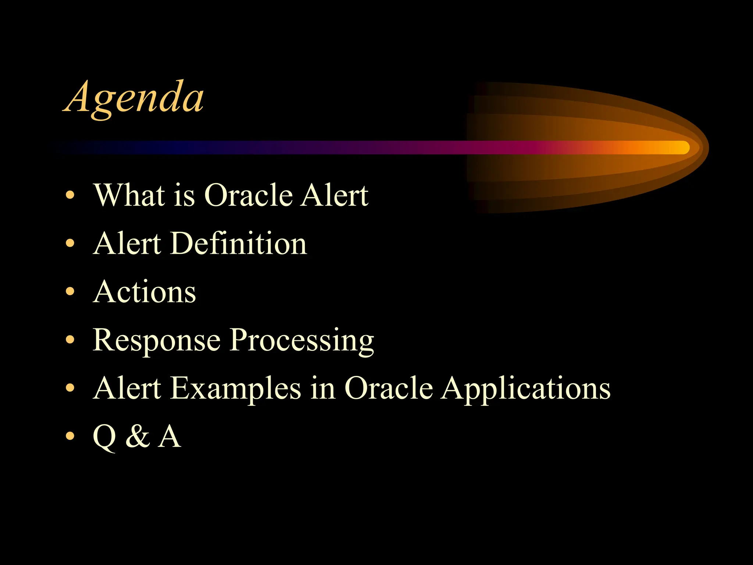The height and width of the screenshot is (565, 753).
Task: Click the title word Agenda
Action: point(134,99)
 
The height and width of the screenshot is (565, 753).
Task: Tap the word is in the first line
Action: point(184,196)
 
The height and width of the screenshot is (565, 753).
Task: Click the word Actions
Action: point(144,292)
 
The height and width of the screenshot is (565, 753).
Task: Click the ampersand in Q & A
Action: point(138,436)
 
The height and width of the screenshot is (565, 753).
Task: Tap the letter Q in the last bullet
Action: point(105,438)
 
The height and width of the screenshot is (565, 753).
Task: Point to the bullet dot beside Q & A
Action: point(70,436)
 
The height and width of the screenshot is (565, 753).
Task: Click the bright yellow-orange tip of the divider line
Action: point(682,148)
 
